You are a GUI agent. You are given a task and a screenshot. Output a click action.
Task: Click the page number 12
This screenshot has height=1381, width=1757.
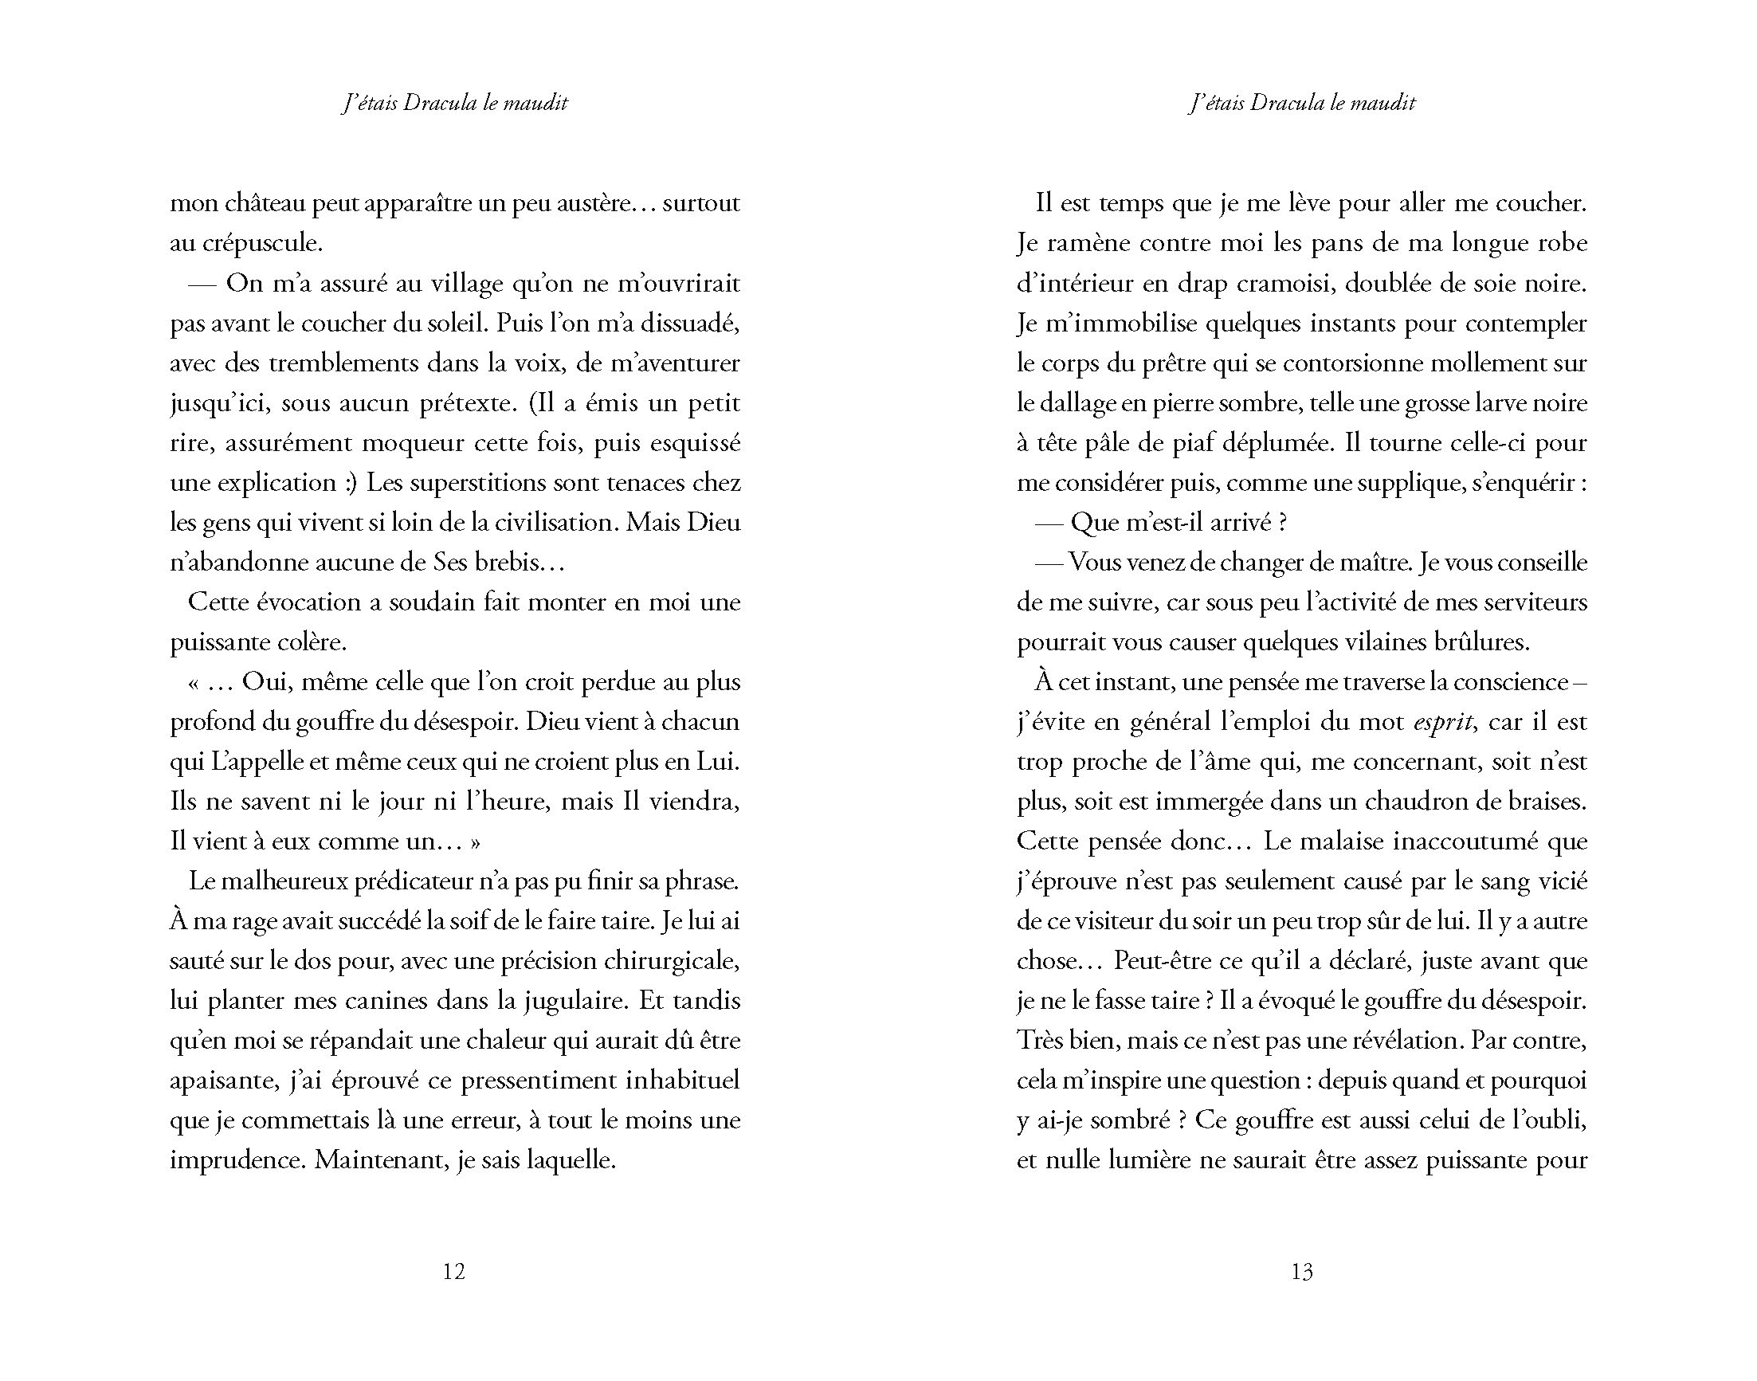pos(454,1271)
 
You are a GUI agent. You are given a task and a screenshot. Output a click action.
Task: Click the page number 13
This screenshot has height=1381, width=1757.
pos(1302,1271)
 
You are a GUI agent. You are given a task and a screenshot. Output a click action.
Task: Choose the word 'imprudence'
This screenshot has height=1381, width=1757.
pos(236,1160)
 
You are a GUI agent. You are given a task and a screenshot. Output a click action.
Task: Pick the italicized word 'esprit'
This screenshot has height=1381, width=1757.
pos(1443,722)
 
